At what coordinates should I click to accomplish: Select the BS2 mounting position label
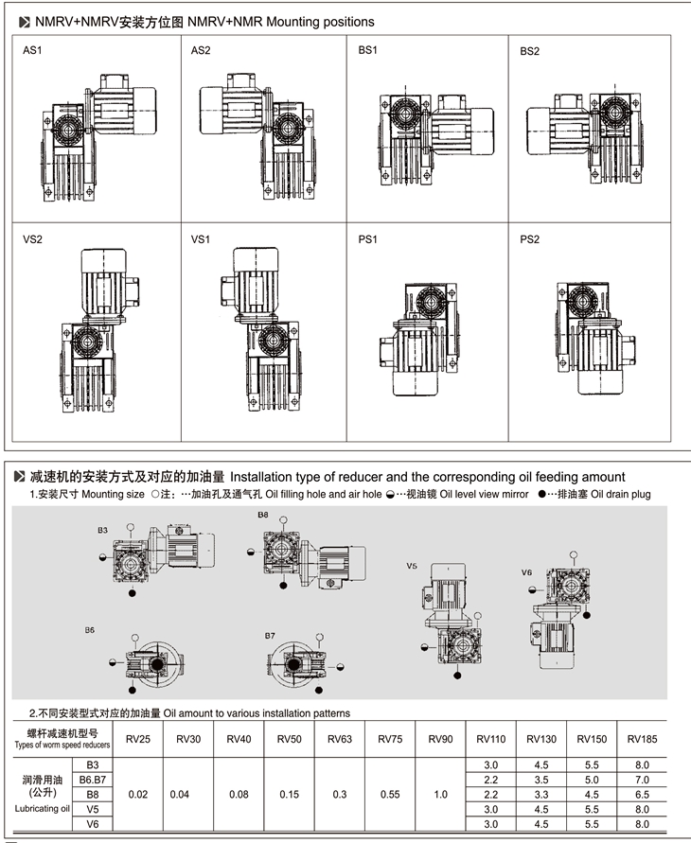[529, 51]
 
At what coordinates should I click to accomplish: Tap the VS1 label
[200, 240]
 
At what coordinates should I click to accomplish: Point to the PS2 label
[529, 240]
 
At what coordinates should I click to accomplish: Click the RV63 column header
[340, 738]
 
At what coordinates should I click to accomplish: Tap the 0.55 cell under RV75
[390, 795]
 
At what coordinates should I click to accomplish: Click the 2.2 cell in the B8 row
[491, 794]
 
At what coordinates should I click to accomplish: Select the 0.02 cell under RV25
[138, 795]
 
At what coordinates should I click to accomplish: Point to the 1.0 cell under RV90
[440, 795]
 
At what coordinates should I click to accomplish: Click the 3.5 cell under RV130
[541, 779]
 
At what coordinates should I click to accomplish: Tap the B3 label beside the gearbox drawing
[101, 531]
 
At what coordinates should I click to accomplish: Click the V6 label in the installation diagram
[526, 572]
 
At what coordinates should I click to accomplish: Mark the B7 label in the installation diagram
[269, 636]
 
